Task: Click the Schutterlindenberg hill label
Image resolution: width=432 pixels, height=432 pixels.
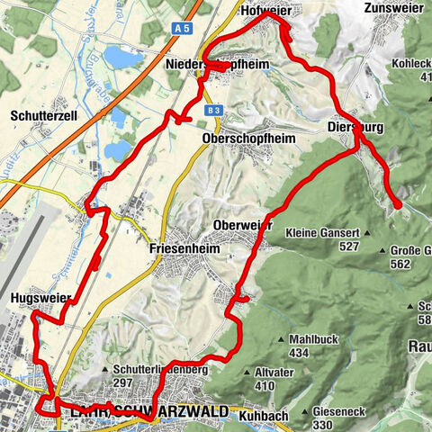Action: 161,370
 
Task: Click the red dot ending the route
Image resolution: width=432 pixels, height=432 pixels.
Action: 397,206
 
